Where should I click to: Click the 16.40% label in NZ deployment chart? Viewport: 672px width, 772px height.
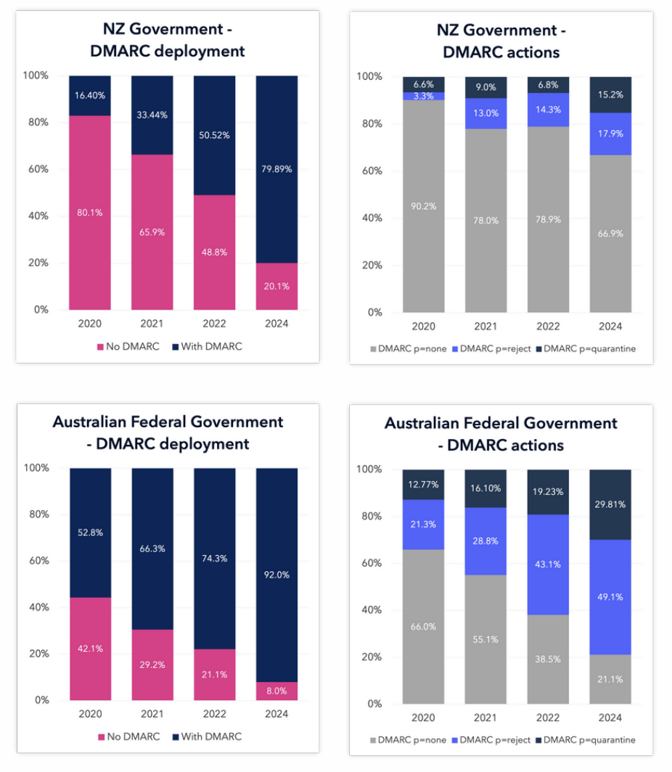(90, 96)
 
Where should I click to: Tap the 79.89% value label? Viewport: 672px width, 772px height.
(276, 170)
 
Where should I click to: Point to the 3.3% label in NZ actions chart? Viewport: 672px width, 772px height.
(424, 96)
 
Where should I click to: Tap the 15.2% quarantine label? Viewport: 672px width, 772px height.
(611, 93)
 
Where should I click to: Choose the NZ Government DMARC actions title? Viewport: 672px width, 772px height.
(501, 41)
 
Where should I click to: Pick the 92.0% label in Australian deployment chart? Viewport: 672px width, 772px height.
(276, 575)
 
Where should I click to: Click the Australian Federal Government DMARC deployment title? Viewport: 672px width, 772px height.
(168, 432)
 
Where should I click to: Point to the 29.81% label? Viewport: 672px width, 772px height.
(611, 504)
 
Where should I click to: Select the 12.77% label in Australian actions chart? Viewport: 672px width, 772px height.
(424, 484)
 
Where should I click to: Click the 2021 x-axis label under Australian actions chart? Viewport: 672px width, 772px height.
(486, 718)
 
